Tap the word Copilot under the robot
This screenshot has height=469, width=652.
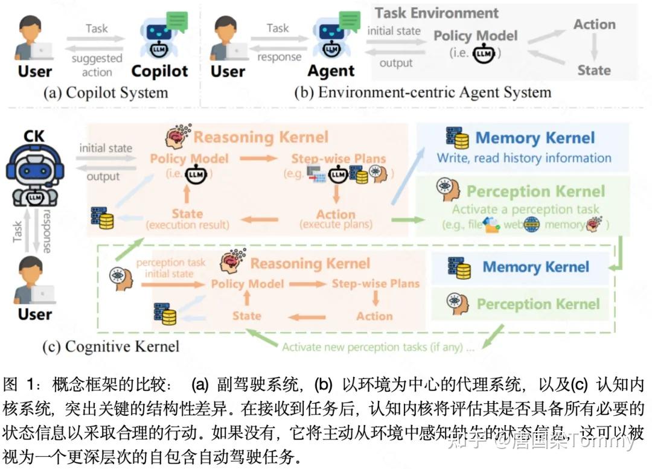(159, 71)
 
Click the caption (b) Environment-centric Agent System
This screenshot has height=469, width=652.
(423, 92)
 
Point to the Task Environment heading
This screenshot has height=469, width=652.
(436, 13)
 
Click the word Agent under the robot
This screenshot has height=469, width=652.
(331, 71)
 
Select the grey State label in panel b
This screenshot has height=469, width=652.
(593, 70)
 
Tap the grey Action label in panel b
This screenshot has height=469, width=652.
(594, 25)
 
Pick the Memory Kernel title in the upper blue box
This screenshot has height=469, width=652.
(535, 138)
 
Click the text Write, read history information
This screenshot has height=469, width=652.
(524, 158)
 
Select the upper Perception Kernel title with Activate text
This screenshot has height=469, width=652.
(535, 191)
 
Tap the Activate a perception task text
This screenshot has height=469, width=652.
(525, 209)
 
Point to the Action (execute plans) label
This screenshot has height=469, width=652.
(336, 219)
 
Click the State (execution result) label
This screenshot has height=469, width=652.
(187, 219)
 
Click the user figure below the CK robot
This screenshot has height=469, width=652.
(34, 287)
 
